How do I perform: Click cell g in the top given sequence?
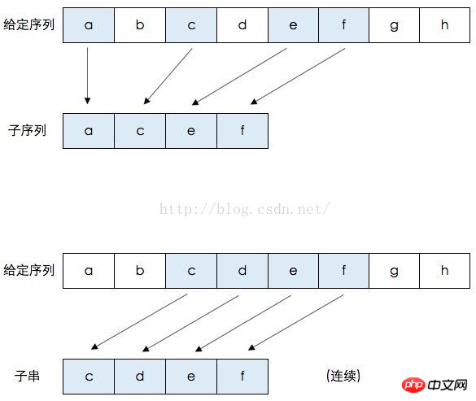click(394, 25)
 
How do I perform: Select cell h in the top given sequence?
click(445, 25)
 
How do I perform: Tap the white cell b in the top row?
click(140, 25)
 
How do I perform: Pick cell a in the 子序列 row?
click(89, 131)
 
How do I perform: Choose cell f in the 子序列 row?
click(242, 131)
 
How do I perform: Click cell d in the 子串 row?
click(140, 377)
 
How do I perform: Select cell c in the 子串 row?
click(89, 377)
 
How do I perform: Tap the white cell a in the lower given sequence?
click(89, 271)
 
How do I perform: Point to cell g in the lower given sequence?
click(394, 271)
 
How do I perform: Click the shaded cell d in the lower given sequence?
click(242, 271)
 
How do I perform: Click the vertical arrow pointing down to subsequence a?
click(87, 76)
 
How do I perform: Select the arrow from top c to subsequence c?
click(168, 76)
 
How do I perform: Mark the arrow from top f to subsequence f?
click(298, 76)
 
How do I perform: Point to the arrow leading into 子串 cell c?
click(139, 321)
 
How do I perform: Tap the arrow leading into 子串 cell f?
click(296, 322)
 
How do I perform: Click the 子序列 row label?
click(27, 130)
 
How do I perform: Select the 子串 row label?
click(27, 376)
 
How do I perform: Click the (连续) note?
click(343, 376)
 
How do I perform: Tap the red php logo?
click(413, 385)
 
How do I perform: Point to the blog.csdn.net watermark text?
click(244, 209)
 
